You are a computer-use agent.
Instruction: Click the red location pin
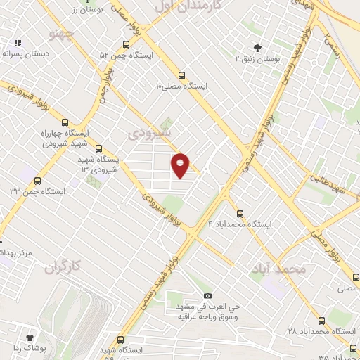pyautogui.click(x=181, y=165)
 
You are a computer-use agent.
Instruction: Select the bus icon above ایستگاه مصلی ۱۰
pyautogui.click(x=182, y=75)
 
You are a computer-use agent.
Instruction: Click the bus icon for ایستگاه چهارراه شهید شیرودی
pyautogui.click(x=65, y=122)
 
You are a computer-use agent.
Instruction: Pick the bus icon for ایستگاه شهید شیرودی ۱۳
pyautogui.click(x=98, y=148)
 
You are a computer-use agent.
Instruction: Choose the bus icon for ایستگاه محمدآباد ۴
pyautogui.click(x=240, y=213)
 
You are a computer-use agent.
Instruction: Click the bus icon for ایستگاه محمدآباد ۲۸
pyautogui.click(x=322, y=320)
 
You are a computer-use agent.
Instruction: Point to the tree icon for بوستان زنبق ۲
pyautogui.click(x=257, y=49)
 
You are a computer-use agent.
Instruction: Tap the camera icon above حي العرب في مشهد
pyautogui.click(x=207, y=295)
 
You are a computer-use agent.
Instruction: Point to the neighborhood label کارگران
pyautogui.click(x=63, y=266)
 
